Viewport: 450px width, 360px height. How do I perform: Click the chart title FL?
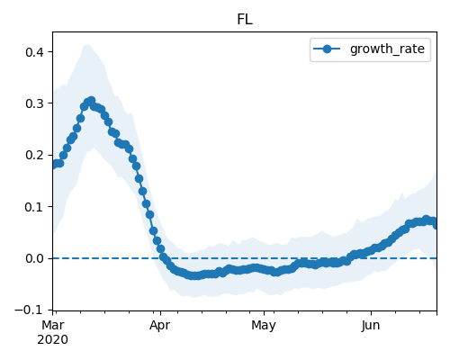(x=245, y=20)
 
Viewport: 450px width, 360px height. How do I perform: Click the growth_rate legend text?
(x=387, y=49)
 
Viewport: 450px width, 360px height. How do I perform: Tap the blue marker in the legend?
(x=327, y=49)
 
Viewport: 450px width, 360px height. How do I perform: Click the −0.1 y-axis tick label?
(x=29, y=310)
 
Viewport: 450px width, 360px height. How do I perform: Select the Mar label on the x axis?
(x=53, y=325)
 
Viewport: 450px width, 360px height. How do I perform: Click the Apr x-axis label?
(x=160, y=326)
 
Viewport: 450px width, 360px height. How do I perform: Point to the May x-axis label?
(x=264, y=326)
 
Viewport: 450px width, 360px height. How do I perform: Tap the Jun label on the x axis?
(x=371, y=325)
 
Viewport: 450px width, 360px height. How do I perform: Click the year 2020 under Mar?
(x=53, y=340)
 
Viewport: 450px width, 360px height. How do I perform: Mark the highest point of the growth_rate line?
(x=92, y=101)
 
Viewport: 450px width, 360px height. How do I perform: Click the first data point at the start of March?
(x=54, y=165)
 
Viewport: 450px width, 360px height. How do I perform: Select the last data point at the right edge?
(x=436, y=224)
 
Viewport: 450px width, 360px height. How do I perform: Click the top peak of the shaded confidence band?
(x=87, y=45)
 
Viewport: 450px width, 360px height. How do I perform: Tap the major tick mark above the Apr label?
(x=160, y=313)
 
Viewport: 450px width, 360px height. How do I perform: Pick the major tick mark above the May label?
(x=264, y=313)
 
